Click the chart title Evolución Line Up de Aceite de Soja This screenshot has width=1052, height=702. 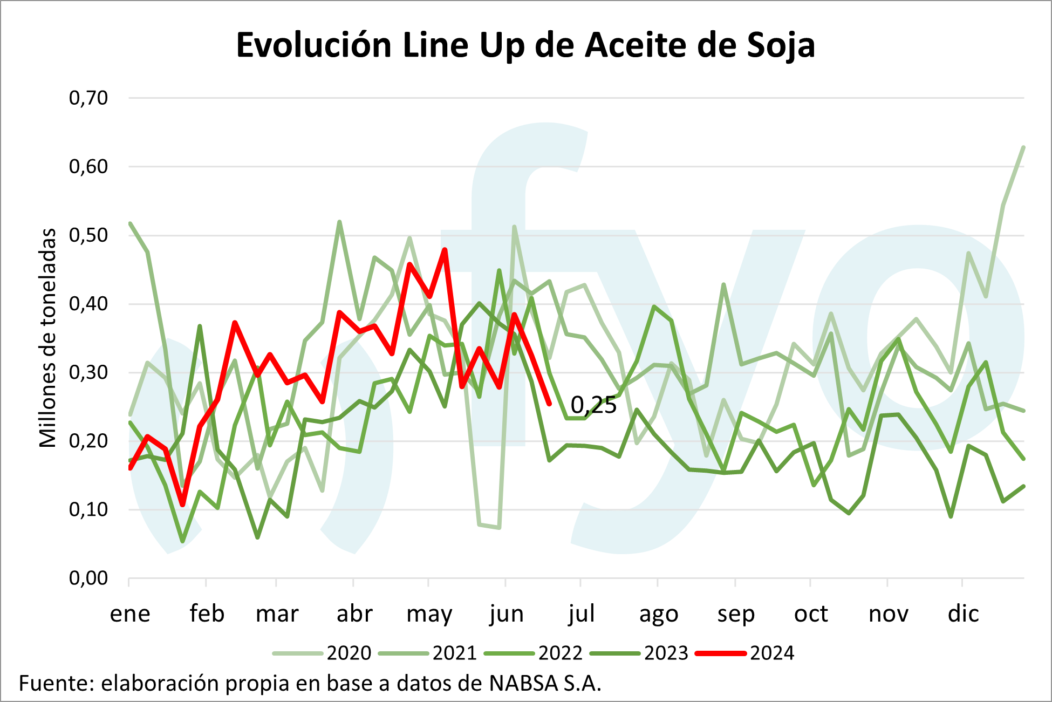(x=525, y=45)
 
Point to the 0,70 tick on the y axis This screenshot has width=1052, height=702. (x=88, y=98)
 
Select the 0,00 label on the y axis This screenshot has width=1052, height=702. (x=88, y=578)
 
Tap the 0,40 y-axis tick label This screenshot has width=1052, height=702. (x=88, y=304)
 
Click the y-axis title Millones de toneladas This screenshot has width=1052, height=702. (x=48, y=338)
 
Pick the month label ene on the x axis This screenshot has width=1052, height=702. (x=130, y=614)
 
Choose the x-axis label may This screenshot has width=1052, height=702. (x=429, y=614)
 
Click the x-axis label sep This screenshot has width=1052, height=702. (x=735, y=614)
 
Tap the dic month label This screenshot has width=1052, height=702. (x=963, y=614)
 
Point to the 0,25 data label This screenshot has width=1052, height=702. (x=593, y=405)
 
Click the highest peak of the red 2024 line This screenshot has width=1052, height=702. (x=445, y=250)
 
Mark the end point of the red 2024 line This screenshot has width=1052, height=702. (x=549, y=404)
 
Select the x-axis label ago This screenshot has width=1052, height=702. (x=658, y=614)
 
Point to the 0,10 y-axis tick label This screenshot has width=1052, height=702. (x=88, y=509)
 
